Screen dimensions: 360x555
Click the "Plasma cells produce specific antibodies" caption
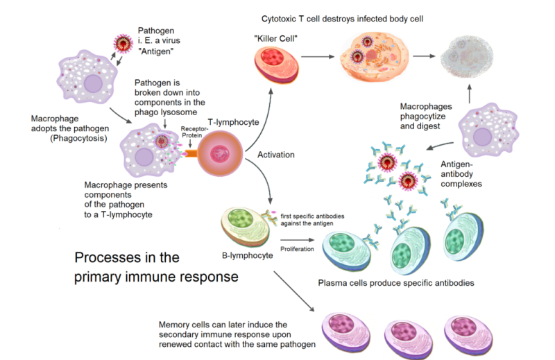click(x=396, y=283)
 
